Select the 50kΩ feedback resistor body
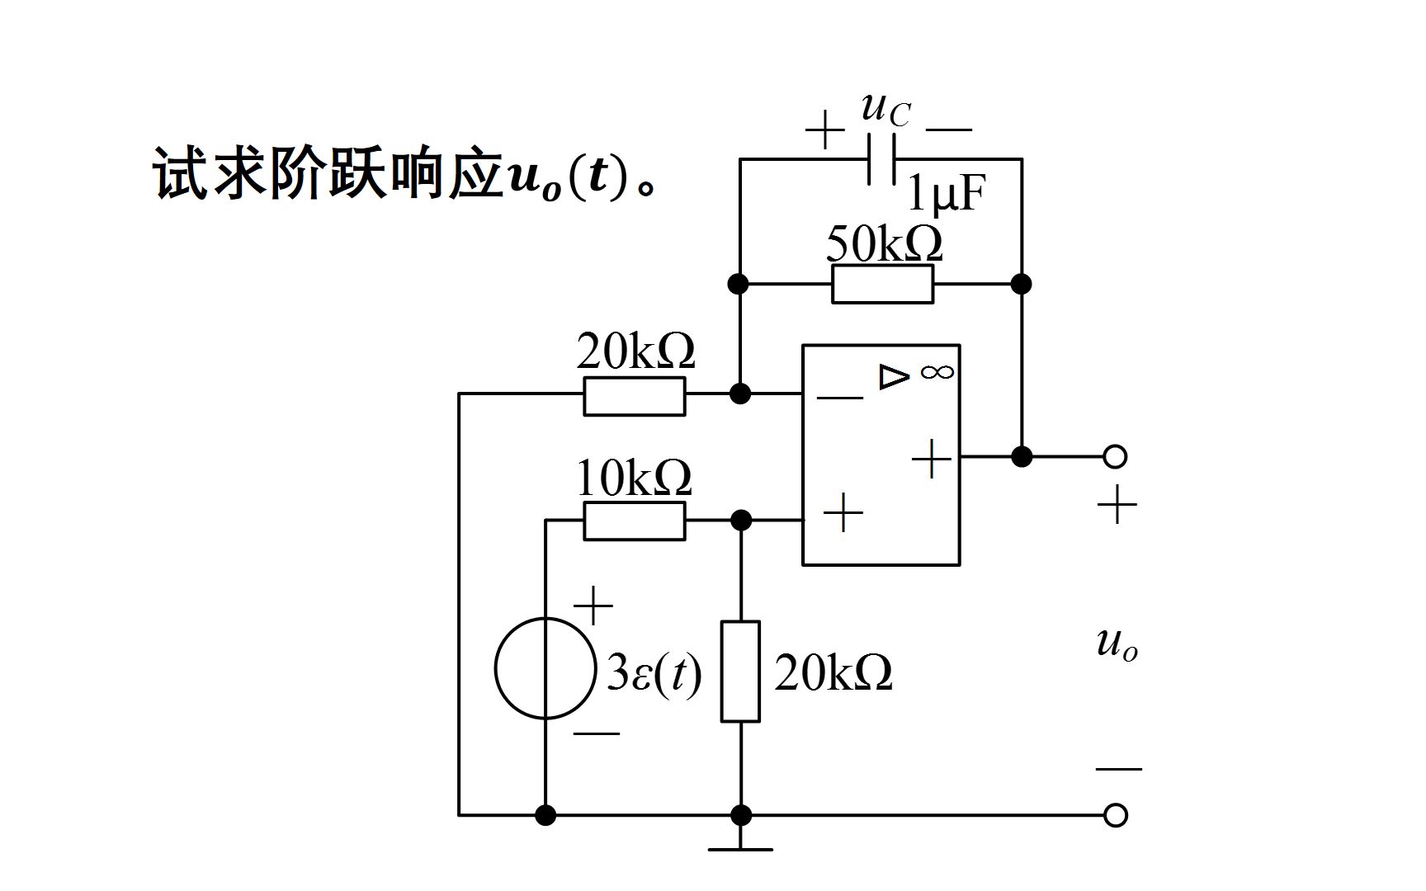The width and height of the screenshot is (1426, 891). pos(882,284)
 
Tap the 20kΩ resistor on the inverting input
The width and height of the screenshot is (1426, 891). pos(634,396)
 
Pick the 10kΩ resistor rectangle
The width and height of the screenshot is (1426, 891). pos(634,521)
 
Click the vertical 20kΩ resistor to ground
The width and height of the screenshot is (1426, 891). pos(740,672)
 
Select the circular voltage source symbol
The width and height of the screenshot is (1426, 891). pos(545,668)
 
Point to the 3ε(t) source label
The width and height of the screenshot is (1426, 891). pos(654,673)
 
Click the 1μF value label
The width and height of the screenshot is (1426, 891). pos(946,195)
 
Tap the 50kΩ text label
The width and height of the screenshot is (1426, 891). pos(883,244)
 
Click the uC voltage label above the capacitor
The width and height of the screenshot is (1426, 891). pos(885,109)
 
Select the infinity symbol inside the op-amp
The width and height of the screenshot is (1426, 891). pos(937,372)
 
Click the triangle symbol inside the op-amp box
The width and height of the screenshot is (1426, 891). pos(893,376)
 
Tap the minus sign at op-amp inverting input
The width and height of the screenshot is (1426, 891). pos(839,398)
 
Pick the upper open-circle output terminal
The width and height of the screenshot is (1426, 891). pos(1115,456)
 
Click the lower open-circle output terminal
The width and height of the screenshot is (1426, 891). pos(1115,815)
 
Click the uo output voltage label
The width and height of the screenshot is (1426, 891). pos(1117,643)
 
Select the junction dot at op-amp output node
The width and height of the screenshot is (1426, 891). pos(1022,456)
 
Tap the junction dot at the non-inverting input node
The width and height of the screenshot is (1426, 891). pos(741,521)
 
